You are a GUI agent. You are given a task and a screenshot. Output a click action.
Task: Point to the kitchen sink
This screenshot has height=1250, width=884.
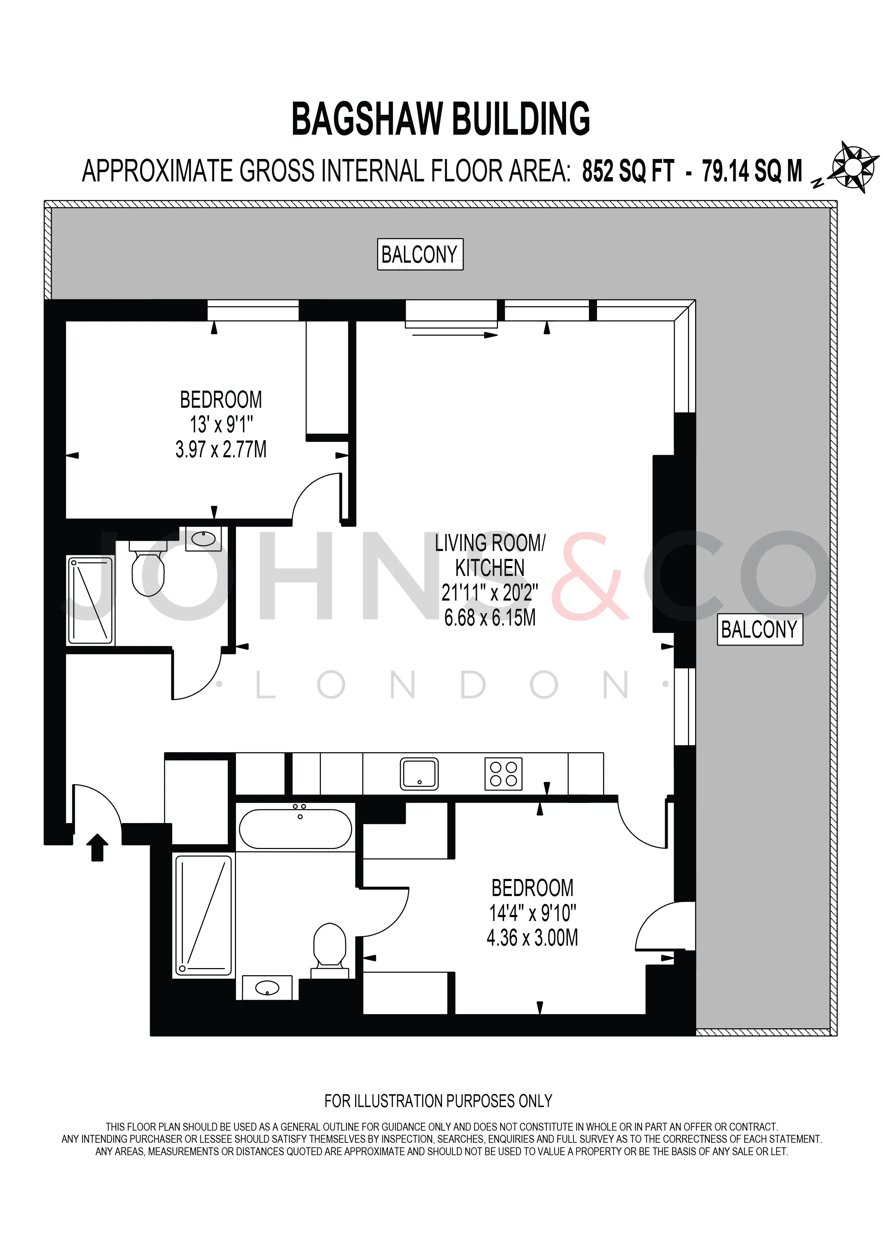[x=419, y=773]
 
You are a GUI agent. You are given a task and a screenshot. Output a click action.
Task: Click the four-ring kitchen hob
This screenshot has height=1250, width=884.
[x=504, y=773]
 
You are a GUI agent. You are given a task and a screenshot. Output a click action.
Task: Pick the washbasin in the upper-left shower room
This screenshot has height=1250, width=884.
[x=204, y=539]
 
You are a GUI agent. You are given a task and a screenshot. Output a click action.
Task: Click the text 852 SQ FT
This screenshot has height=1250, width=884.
[x=628, y=171]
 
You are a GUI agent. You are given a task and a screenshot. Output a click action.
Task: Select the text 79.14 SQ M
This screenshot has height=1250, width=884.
[x=752, y=171]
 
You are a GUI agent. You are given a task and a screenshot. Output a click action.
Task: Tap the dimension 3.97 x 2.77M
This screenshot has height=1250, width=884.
[x=221, y=450]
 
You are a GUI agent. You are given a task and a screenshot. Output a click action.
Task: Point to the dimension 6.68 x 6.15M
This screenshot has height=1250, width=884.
[x=490, y=618]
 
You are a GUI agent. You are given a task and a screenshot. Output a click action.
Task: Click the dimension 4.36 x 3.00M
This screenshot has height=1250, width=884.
[x=532, y=937]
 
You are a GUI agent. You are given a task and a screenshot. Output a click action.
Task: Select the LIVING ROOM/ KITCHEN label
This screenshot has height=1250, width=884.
[x=490, y=555]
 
